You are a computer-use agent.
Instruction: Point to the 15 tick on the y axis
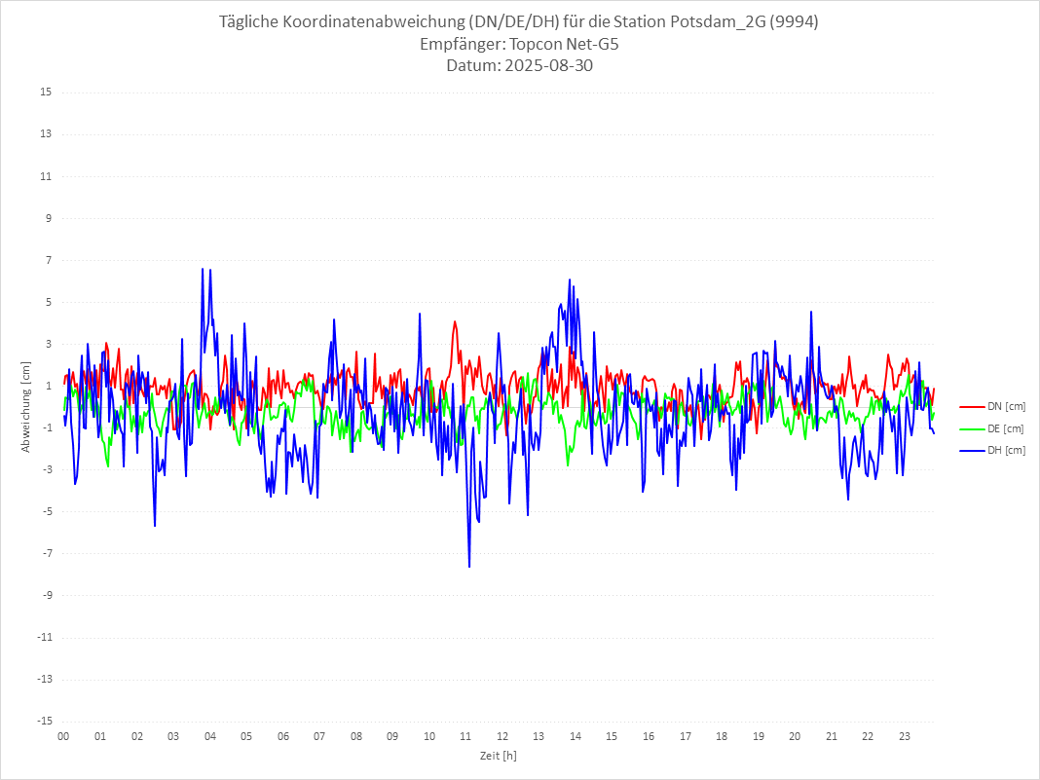[x=46, y=93]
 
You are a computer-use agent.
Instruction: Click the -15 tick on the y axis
[x=44, y=722]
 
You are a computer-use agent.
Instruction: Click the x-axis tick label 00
[x=63, y=737]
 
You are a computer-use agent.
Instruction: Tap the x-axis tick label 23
[x=905, y=737]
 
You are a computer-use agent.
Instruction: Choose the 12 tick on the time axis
[x=502, y=737]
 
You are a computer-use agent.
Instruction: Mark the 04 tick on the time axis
[x=209, y=737]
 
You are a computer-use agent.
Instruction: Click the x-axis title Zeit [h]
[x=498, y=756]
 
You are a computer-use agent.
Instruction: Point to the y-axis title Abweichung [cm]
[x=26, y=407]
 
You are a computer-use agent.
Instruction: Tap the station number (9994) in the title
[x=794, y=22]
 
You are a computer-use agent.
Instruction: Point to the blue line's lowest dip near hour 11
[x=469, y=567]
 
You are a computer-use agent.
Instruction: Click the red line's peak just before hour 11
[x=455, y=321]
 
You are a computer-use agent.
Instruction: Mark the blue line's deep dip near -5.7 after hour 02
[x=155, y=526]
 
